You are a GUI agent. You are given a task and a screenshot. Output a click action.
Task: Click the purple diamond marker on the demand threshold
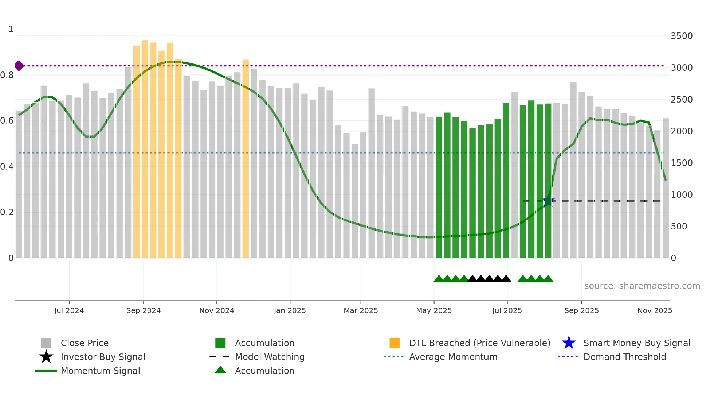(x=19, y=66)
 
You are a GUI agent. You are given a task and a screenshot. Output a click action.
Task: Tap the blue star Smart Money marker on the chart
(x=548, y=201)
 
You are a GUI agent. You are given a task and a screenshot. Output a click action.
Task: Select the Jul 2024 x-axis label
(x=69, y=310)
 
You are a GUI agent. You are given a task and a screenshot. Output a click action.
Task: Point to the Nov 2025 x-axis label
(x=655, y=310)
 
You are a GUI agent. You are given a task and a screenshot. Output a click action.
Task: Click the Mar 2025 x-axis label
(x=361, y=310)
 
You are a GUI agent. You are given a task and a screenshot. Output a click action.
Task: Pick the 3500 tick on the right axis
(x=682, y=36)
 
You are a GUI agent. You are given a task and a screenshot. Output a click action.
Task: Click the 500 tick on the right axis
(x=679, y=227)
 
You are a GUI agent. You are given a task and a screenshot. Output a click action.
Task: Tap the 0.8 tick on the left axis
(x=7, y=75)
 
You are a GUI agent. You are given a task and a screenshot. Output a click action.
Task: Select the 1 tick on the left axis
(x=11, y=29)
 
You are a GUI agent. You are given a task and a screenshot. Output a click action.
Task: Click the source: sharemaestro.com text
(x=642, y=286)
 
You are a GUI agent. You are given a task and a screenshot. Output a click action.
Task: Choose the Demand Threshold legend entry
(x=624, y=357)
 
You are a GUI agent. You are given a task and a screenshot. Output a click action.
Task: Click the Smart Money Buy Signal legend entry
(x=636, y=343)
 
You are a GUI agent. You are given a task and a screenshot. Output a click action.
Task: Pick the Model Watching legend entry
(x=269, y=357)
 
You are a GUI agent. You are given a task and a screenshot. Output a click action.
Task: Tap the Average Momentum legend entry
(x=453, y=357)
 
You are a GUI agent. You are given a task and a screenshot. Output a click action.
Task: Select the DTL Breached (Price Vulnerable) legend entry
(x=479, y=343)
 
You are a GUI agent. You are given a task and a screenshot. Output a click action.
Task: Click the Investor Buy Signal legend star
(x=46, y=357)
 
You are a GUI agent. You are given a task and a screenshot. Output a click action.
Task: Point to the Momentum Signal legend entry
(x=100, y=371)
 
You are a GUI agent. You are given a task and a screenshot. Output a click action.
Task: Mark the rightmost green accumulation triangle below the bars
(x=548, y=279)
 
